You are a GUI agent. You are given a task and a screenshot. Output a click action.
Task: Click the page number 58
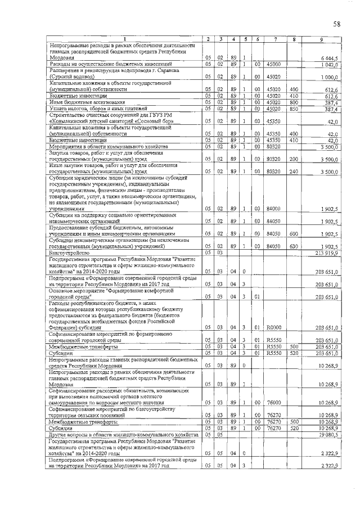tap(336, 24)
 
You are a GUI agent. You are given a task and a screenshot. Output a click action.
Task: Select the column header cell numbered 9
tap(321, 38)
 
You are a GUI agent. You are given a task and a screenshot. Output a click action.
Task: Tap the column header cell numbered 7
tap(276, 38)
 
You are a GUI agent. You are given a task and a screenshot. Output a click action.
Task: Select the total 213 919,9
tap(326, 253)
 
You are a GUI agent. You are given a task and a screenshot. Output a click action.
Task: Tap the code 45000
tap(274, 64)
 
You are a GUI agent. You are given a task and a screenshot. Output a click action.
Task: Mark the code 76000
tap(274, 403)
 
